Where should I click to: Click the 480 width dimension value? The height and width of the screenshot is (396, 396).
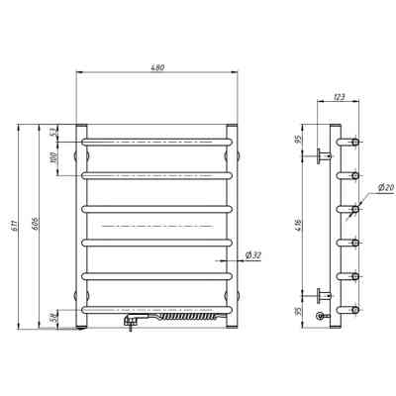[157, 68]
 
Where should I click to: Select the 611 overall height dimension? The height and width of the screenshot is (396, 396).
[15, 226]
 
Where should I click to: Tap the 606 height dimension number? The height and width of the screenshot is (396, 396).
[37, 224]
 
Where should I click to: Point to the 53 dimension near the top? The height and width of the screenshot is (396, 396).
[54, 133]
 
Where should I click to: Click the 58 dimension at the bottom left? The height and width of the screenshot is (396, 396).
[54, 319]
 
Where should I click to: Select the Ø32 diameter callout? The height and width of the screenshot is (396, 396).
[253, 254]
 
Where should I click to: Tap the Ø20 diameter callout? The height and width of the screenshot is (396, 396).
[386, 187]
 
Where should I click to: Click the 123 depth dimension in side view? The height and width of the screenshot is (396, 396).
[340, 97]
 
